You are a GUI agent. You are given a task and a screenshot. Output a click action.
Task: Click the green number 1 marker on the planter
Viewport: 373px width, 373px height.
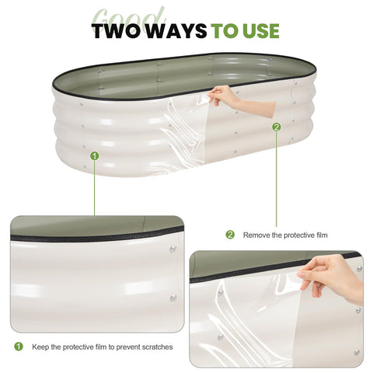pyautogui.click(x=95, y=156)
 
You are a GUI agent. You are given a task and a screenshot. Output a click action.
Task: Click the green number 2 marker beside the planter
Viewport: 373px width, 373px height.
pyautogui.click(x=277, y=127)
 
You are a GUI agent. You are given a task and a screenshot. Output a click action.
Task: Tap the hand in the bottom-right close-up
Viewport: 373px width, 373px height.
pyautogui.click(x=332, y=278)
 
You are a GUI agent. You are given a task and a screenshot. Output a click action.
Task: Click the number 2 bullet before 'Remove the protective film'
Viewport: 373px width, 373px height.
pyautogui.click(x=230, y=235)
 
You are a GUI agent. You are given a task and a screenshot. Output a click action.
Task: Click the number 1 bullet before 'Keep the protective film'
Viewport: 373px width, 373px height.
pyautogui.click(x=19, y=347)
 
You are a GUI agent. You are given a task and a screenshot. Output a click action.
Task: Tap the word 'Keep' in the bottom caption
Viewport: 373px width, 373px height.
pyautogui.click(x=40, y=347)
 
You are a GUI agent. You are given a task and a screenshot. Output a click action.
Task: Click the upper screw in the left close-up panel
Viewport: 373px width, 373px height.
pyautogui.click(x=173, y=249)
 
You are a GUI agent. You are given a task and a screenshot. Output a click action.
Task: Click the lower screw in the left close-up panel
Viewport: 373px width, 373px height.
pyautogui.click(x=173, y=298)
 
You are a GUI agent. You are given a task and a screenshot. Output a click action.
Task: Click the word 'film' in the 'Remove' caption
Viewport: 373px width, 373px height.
pyautogui.click(x=322, y=235)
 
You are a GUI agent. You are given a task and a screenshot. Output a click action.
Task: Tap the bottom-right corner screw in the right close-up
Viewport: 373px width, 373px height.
pyautogui.click(x=357, y=352)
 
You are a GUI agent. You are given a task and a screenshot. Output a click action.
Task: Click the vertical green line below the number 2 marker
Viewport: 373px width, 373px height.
pyautogui.click(x=277, y=179)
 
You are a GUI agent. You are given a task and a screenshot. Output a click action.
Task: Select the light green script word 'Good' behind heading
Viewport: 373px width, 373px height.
pyautogui.click(x=128, y=19)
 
